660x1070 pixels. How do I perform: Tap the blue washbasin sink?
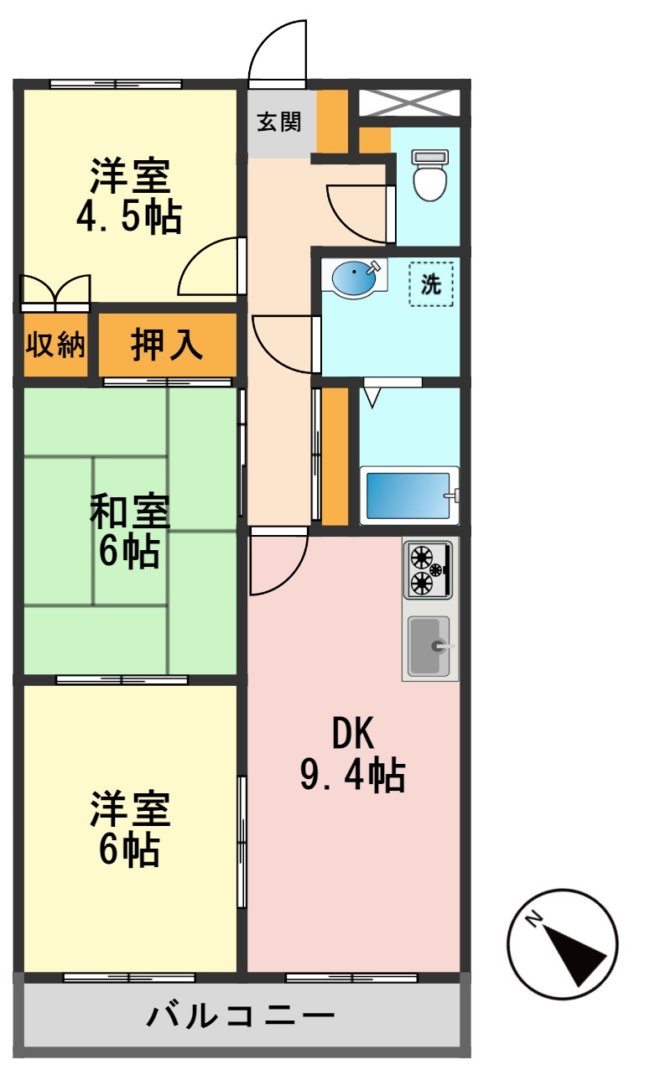356,278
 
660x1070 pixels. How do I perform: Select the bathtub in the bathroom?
409,496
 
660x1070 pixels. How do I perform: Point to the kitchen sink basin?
429,645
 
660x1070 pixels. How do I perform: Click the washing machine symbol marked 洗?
431,284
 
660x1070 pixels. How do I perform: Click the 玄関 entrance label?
278,122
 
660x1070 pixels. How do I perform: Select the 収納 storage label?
55,345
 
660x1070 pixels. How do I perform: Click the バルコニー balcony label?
242,1017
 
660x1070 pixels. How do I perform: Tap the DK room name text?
353,735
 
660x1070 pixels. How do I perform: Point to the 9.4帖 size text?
353,776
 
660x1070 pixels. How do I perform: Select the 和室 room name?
130,512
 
